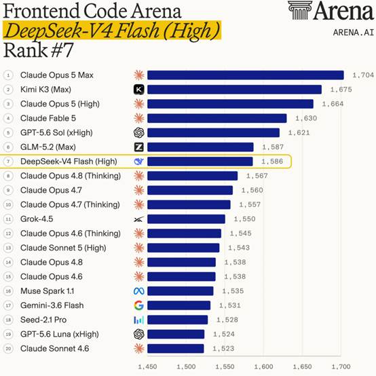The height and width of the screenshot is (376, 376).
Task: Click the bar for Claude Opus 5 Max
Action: pyautogui.click(x=246, y=75)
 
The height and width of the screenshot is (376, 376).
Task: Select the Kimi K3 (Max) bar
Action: pyautogui.click(x=235, y=90)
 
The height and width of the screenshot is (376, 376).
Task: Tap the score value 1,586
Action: pyautogui.click(x=272, y=162)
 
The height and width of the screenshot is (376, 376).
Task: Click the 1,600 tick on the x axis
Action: pyautogui.click(x=263, y=366)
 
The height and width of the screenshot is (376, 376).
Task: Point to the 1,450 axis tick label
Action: pyautogui.click(x=147, y=366)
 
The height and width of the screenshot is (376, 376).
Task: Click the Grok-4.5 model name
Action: pyautogui.click(x=37, y=219)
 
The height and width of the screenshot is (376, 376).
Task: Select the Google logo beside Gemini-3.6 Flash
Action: pyautogui.click(x=139, y=305)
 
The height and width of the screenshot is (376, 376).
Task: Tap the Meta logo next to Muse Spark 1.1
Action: pyautogui.click(x=139, y=291)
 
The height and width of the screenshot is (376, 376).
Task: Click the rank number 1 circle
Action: pyautogui.click(x=8, y=75)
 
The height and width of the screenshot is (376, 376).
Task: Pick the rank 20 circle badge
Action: pyautogui.click(x=8, y=348)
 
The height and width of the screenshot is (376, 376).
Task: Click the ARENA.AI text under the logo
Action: pyautogui.click(x=354, y=33)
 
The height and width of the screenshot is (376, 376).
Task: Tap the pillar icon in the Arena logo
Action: pyautogui.click(x=300, y=10)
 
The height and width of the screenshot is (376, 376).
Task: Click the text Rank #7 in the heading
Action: pyautogui.click(x=39, y=50)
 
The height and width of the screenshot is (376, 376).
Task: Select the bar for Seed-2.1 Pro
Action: pyautogui.click(x=177, y=320)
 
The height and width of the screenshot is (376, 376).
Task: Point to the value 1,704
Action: pyautogui.click(x=363, y=75)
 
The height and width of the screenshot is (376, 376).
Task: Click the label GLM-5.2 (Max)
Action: pyautogui.click(x=48, y=147)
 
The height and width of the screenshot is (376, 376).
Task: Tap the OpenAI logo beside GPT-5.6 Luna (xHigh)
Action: pyautogui.click(x=139, y=334)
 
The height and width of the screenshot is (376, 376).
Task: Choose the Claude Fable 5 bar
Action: pyautogui.click(x=217, y=118)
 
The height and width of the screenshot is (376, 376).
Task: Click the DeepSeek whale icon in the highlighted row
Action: pyautogui.click(x=139, y=162)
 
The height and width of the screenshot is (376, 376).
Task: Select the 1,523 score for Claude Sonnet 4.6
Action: pyautogui.click(x=223, y=348)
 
